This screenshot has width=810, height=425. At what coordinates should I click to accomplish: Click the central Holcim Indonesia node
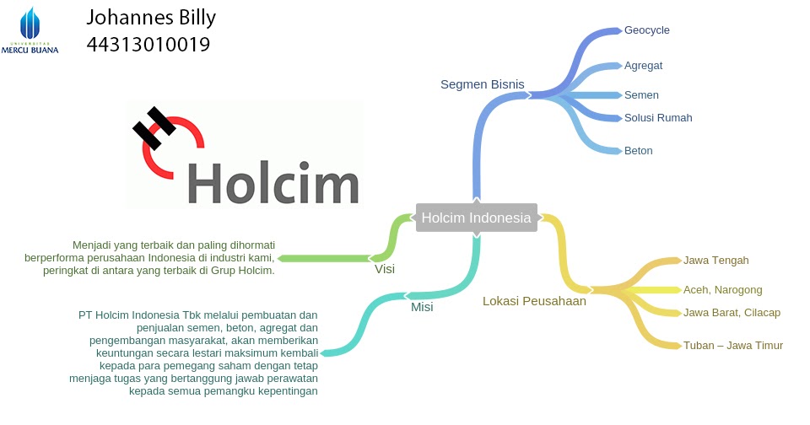tap(477, 218)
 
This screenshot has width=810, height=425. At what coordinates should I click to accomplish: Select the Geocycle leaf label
tap(646, 30)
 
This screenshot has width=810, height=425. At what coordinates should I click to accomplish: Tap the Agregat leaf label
tap(644, 65)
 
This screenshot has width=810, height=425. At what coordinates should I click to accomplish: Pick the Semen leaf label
tap(641, 95)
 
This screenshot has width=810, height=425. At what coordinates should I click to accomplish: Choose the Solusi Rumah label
tap(658, 117)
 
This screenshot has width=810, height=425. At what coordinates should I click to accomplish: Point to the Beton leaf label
tap(638, 151)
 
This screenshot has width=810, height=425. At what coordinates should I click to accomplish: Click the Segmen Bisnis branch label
tap(482, 84)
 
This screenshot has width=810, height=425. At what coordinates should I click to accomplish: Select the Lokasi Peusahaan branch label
tap(534, 301)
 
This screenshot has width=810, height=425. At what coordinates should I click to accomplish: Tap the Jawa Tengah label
tap(715, 260)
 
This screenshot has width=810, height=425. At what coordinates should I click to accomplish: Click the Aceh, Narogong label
tap(722, 289)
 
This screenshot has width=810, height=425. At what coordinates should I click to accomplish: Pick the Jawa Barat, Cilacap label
tap(732, 313)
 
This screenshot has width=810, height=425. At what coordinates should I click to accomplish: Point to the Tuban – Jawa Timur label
tap(732, 345)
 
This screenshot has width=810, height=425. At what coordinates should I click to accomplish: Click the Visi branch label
tap(385, 270)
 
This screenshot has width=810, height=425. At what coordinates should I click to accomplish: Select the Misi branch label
tap(422, 307)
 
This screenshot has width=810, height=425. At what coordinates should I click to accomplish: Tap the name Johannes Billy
tap(151, 18)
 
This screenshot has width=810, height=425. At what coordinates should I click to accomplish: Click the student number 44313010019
tap(148, 44)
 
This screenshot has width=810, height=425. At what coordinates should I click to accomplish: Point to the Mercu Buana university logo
tap(30, 30)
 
